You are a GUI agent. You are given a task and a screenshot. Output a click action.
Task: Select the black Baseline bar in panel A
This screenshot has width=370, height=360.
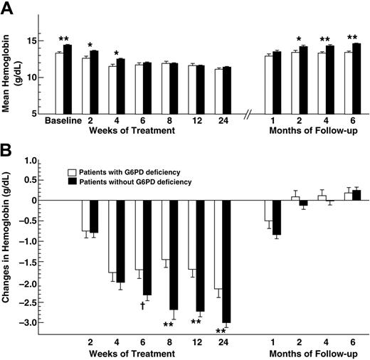pyautogui.click(x=68, y=78)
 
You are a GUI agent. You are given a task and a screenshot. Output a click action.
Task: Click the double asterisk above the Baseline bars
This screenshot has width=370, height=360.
pyautogui.click(x=63, y=38)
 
